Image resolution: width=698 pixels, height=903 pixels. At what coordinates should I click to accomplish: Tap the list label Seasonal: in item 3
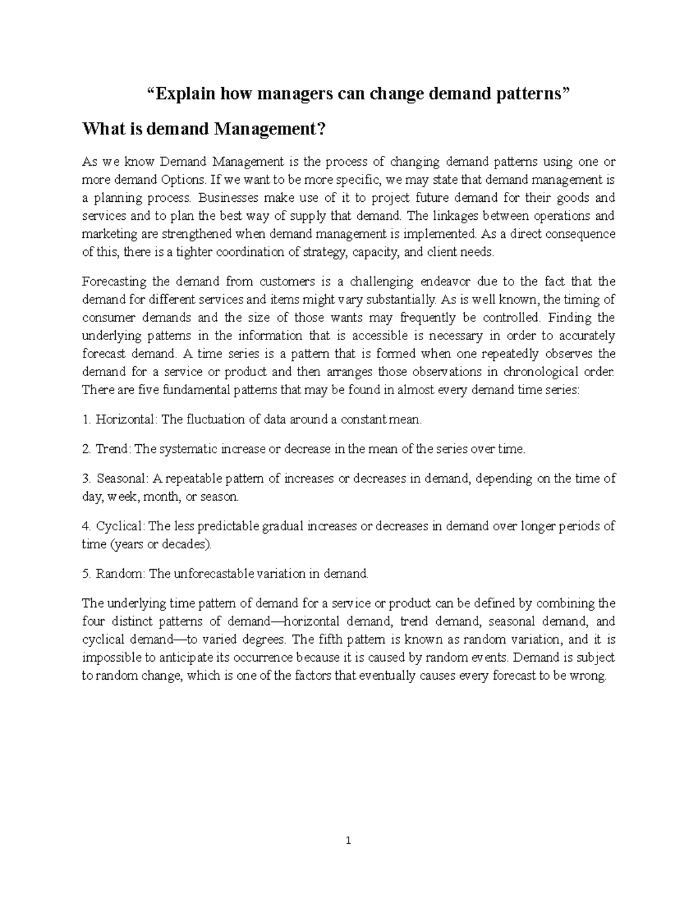123,479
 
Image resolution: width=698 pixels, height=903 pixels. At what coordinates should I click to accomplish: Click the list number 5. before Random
87,574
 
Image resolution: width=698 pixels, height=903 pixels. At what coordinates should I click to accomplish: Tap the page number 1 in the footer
349,841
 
